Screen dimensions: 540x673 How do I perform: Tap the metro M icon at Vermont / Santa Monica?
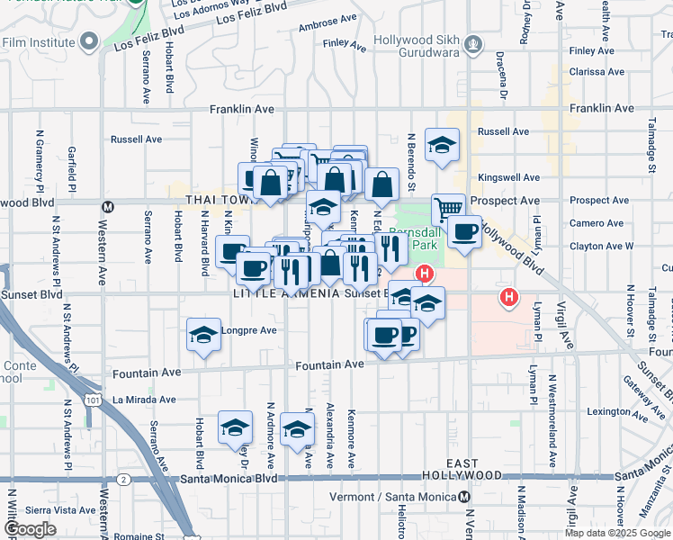(463, 497)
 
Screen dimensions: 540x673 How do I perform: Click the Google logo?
(31, 528)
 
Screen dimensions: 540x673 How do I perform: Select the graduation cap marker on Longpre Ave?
(204, 335)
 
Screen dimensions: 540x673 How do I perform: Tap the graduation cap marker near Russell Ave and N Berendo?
(442, 144)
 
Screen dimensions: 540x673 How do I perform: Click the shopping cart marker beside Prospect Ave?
(447, 209)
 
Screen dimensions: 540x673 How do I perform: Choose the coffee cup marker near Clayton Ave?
(464, 231)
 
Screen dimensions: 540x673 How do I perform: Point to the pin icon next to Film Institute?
(89, 41)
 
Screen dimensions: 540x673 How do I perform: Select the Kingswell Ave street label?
(508, 177)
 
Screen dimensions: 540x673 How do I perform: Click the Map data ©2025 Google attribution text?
(618, 533)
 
